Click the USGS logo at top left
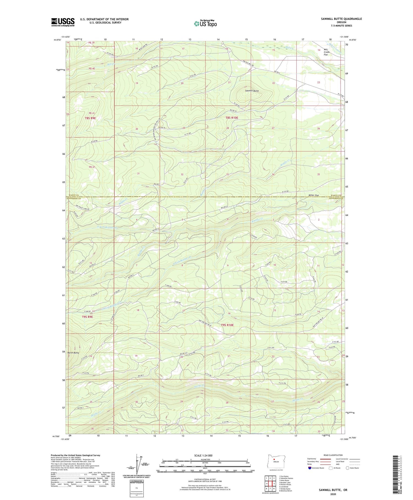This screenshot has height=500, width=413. [x=63, y=22]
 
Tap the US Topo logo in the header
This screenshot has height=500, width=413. [x=205, y=24]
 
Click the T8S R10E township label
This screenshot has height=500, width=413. [x=232, y=118]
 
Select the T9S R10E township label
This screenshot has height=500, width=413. [x=227, y=325]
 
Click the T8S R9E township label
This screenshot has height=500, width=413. [x=90, y=118]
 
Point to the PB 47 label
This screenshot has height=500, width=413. [x=92, y=167]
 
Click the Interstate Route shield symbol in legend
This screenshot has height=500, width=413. [x=310, y=468]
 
